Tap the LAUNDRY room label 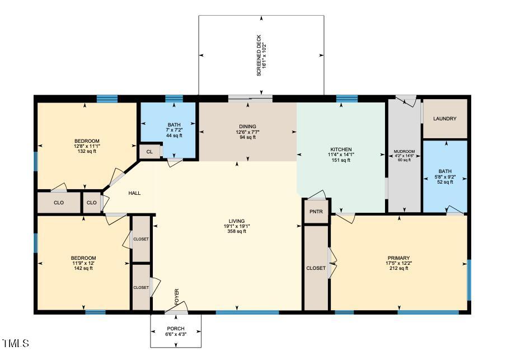coord(445,119)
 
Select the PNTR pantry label coord(316,212)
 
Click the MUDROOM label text coord(404,152)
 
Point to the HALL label coord(134,193)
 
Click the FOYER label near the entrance coord(177,297)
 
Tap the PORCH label coord(176,329)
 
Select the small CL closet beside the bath coord(149,152)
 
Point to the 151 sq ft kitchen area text coord(340,160)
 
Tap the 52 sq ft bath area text coord(445,182)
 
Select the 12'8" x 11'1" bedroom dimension coord(87,146)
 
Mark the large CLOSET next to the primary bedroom coord(316,268)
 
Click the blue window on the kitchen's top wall coord(346,99)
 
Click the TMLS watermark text coord(15,343)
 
